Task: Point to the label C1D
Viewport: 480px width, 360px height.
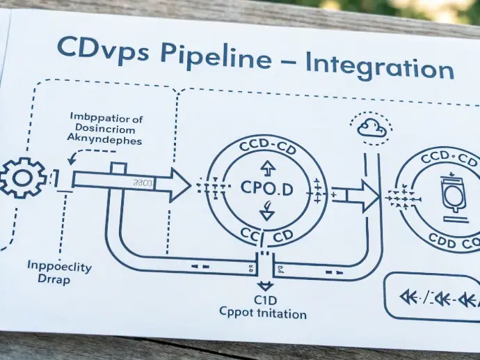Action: (265, 300)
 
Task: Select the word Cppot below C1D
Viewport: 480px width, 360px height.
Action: (238, 314)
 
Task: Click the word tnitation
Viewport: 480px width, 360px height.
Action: (282, 314)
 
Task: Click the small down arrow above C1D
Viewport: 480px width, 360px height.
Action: (265, 285)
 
